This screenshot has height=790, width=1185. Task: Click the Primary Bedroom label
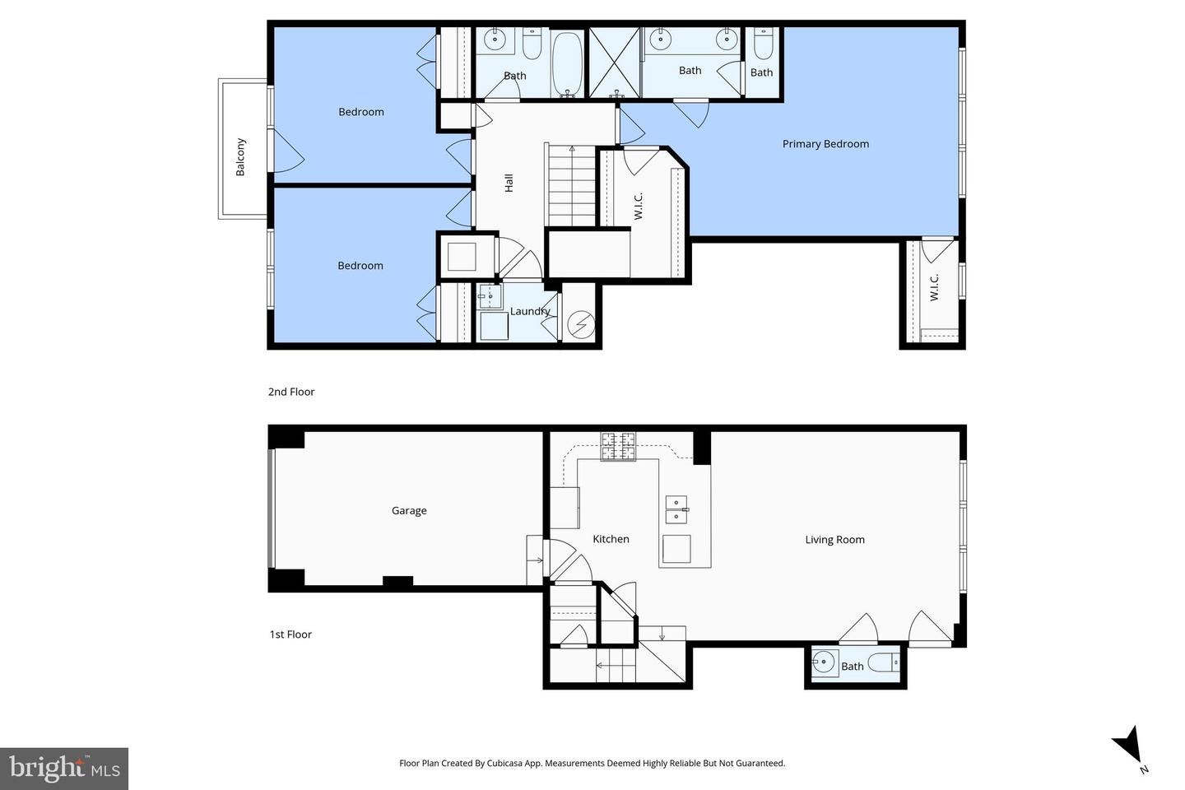[x=825, y=144]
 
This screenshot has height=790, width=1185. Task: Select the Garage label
[x=409, y=511]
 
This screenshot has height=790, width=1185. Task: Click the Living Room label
[x=834, y=540]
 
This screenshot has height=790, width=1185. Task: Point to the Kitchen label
[x=611, y=539]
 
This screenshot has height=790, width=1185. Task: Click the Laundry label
[x=529, y=311]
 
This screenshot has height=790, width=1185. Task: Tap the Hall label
[x=509, y=183]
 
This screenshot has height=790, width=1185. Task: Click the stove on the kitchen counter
[x=618, y=446]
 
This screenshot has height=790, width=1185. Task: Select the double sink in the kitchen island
[x=676, y=509]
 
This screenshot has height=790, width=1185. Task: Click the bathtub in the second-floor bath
[x=567, y=64]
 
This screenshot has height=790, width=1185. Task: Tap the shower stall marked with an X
[x=615, y=63]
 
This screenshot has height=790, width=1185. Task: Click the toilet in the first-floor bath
[x=884, y=662]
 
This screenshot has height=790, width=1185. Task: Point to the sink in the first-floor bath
[x=823, y=662]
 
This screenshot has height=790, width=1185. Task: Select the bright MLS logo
[x=64, y=769]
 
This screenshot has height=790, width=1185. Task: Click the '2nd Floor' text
[x=291, y=392]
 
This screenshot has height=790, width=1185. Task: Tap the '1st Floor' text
[x=290, y=634]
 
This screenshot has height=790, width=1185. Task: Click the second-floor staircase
[x=571, y=185]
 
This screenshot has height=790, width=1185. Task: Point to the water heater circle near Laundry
[x=582, y=324]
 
